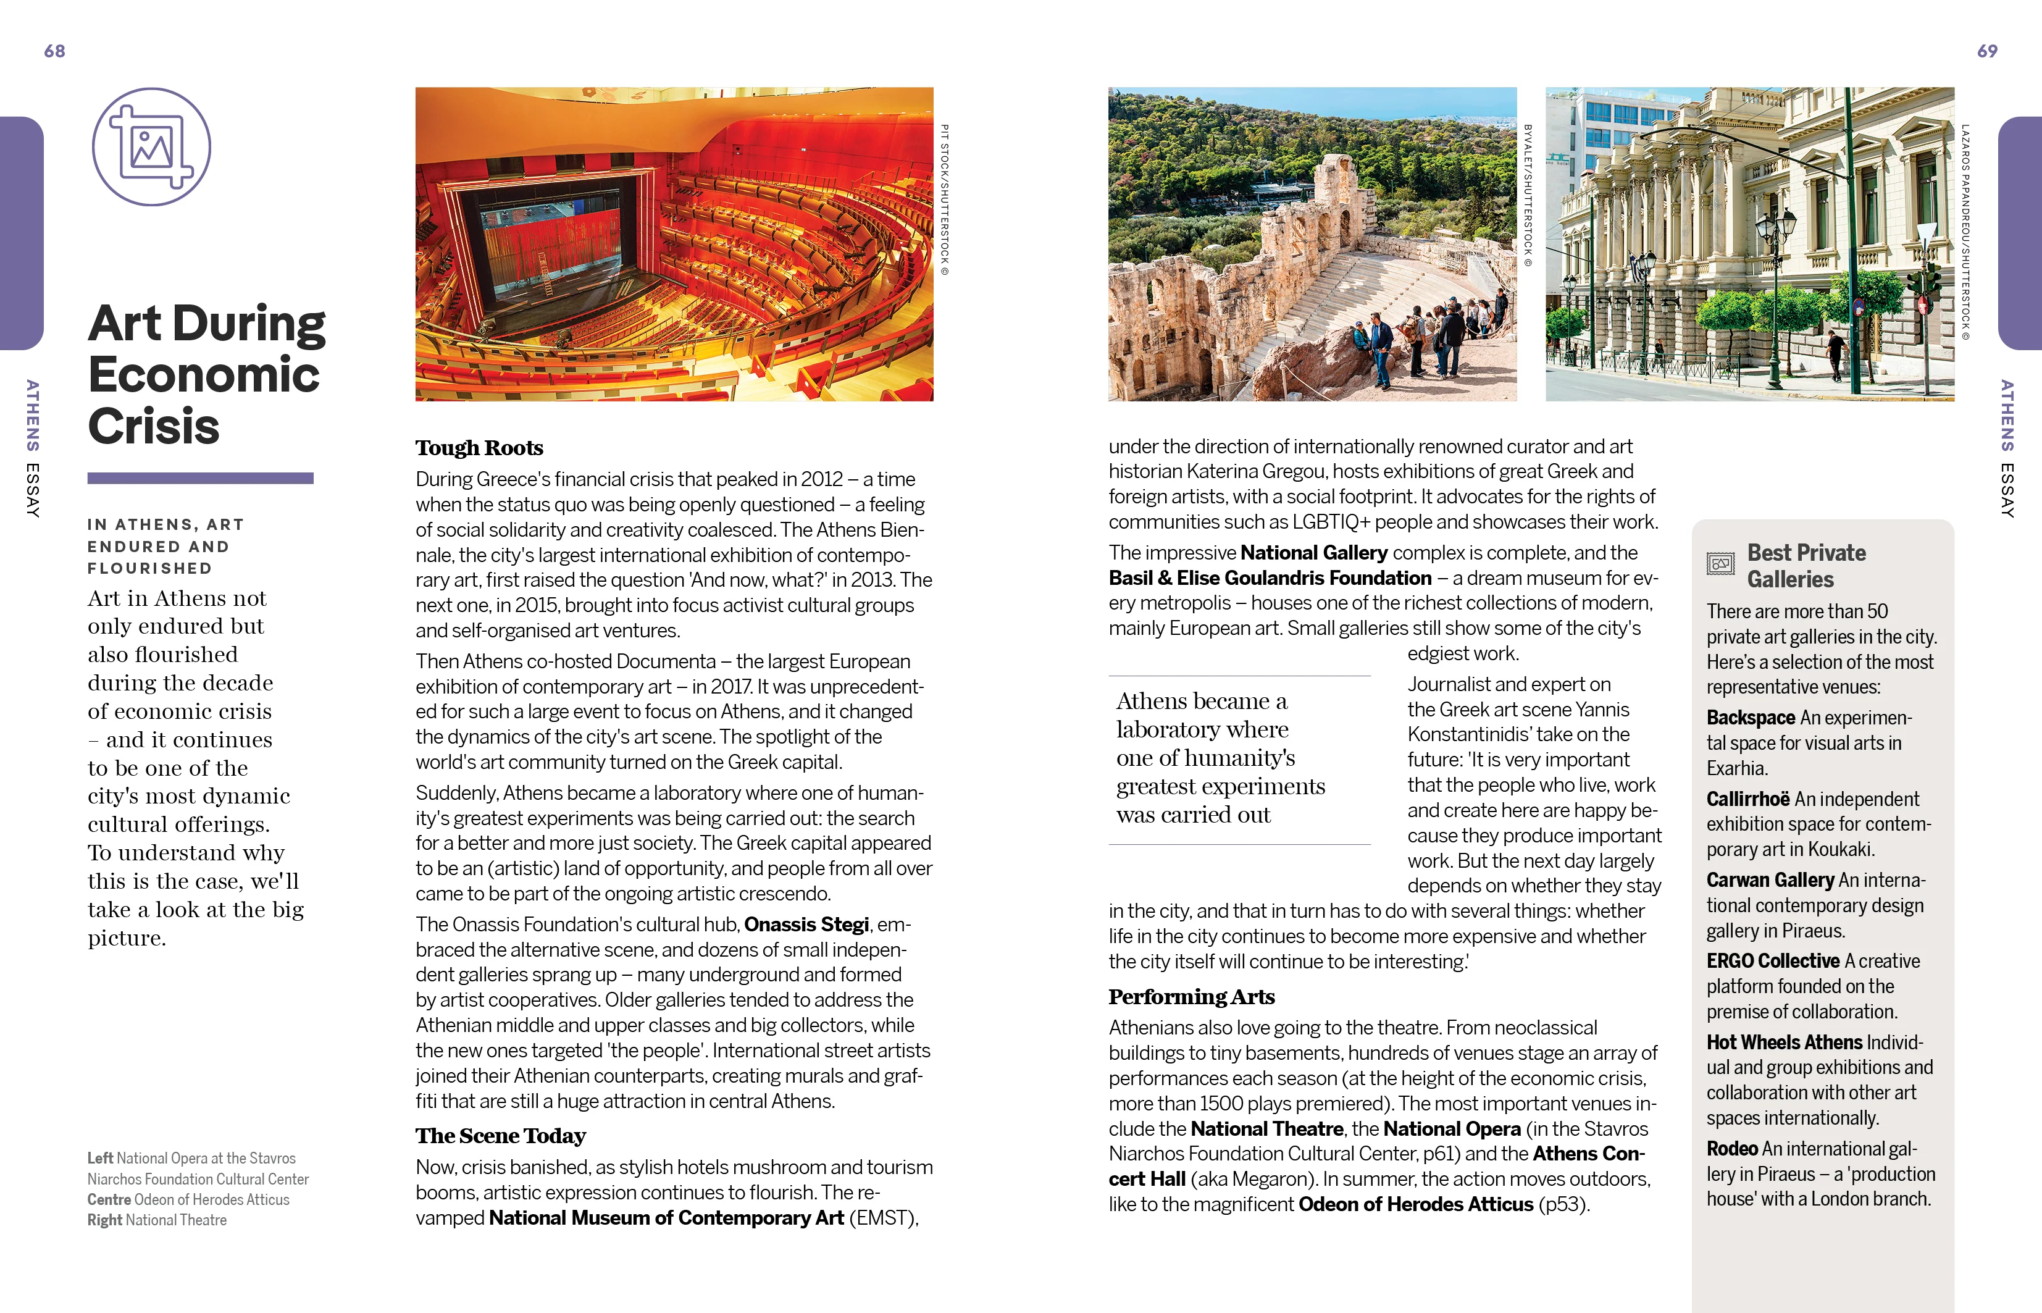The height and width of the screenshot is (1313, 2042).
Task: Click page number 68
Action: pos(54,51)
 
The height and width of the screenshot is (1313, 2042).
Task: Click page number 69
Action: pos(1986,51)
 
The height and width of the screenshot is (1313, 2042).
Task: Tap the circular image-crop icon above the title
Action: pos(152,146)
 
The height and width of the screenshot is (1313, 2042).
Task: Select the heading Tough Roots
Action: pos(479,448)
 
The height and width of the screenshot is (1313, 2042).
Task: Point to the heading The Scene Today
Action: pos(500,1136)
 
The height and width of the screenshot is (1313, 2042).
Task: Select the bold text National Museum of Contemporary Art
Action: pos(666,1217)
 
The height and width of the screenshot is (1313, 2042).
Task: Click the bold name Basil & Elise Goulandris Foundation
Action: pos(1270,578)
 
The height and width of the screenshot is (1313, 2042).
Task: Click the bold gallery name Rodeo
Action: pos(1732,1149)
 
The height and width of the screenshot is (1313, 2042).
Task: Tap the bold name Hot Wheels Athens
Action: pos(1784,1042)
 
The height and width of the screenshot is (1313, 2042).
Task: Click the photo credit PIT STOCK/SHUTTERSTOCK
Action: pos(944,199)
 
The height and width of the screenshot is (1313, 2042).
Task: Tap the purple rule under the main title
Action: pos(200,478)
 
